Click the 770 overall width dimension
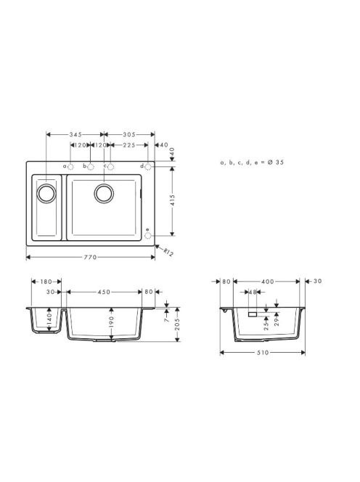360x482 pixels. coord(91,257)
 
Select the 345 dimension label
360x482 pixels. coord(75,134)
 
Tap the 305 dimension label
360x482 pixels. coord(129,134)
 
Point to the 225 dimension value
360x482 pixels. coord(129,144)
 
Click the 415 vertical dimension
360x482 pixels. coord(172,200)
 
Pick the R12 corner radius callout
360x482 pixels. coord(168,252)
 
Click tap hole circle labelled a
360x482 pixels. coord(70,167)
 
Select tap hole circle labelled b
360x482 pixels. coord(91,167)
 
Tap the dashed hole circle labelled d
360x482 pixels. coord(148,167)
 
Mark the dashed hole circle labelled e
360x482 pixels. coord(148,236)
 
